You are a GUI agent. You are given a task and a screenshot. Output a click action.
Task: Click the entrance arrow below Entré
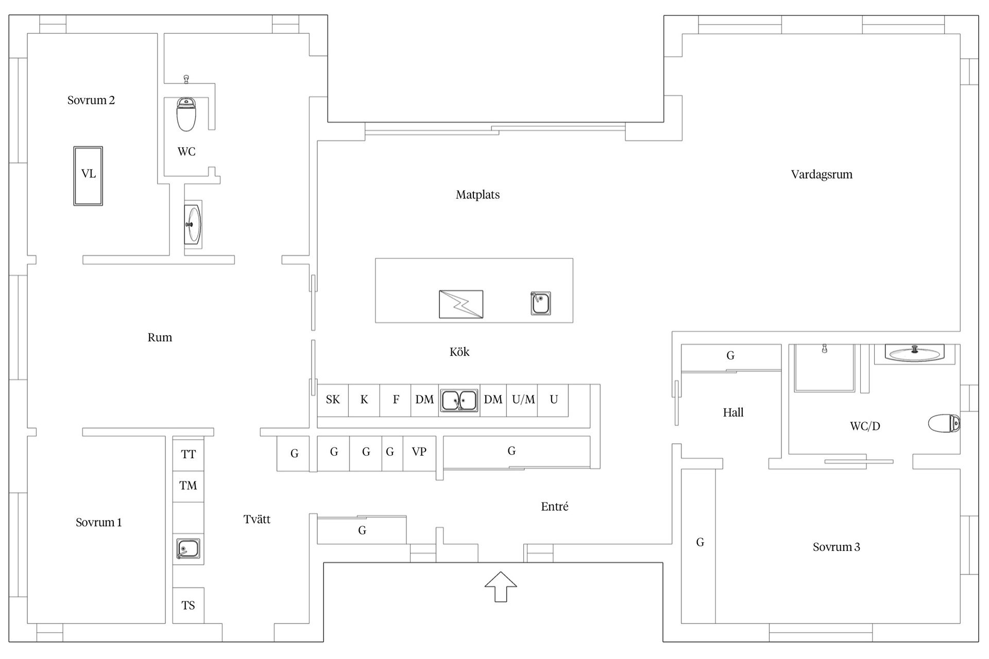click(x=501, y=586)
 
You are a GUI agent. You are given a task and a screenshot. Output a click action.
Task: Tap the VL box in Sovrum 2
click(x=88, y=176)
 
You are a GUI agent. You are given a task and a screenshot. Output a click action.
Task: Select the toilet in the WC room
click(x=186, y=114)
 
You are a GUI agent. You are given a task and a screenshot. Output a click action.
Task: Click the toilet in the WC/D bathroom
click(x=944, y=424)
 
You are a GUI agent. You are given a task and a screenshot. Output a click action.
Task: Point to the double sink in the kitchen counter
click(x=459, y=400)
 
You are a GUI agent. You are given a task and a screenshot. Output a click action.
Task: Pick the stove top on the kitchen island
click(x=461, y=304)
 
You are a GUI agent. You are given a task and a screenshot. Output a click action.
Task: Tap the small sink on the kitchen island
click(x=541, y=303)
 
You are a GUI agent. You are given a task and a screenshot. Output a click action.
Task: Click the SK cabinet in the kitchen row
click(x=333, y=400)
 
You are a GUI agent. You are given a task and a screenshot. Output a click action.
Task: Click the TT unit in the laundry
click(x=188, y=454)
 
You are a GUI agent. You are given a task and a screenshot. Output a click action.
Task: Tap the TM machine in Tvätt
click(x=188, y=486)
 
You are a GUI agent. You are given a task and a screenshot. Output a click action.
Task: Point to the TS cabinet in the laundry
click(x=188, y=605)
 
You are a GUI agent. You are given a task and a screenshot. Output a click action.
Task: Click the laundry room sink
click(x=188, y=549)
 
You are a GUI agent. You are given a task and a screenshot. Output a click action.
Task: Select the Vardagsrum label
click(x=822, y=175)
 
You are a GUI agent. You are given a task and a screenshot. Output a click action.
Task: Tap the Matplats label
click(x=478, y=195)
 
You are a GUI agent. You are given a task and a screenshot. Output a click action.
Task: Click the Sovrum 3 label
click(x=836, y=547)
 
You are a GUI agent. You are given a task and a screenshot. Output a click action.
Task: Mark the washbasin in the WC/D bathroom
click(x=915, y=353)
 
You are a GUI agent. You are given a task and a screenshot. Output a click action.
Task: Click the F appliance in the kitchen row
click(x=396, y=400)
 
